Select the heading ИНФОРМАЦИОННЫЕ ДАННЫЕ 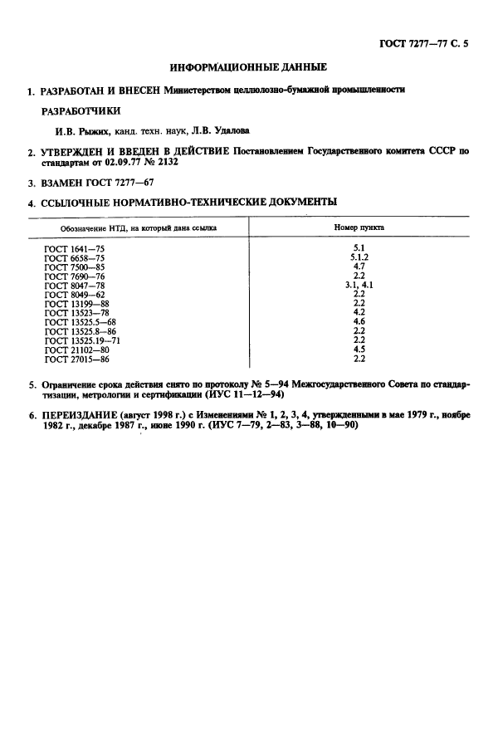pyautogui.click(x=248, y=66)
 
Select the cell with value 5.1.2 pyautogui.click(x=359, y=257)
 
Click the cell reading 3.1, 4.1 pyautogui.click(x=359, y=285)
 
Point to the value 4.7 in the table pyautogui.click(x=359, y=266)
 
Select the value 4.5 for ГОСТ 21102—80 pyautogui.click(x=359, y=350)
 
